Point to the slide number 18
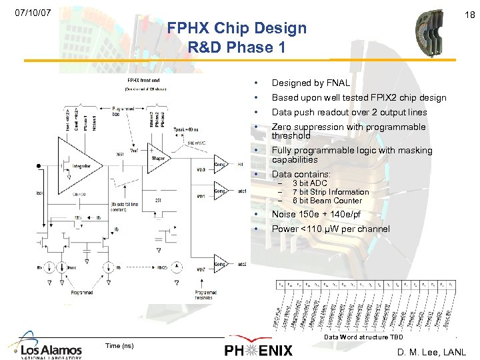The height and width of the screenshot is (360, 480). pos(469,14)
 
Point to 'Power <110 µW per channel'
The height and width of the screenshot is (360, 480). pos(331,229)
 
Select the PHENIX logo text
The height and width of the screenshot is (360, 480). pos(259,350)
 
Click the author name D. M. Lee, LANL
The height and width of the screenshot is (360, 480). pos(431,351)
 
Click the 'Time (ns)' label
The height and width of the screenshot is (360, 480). pos(119,345)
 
